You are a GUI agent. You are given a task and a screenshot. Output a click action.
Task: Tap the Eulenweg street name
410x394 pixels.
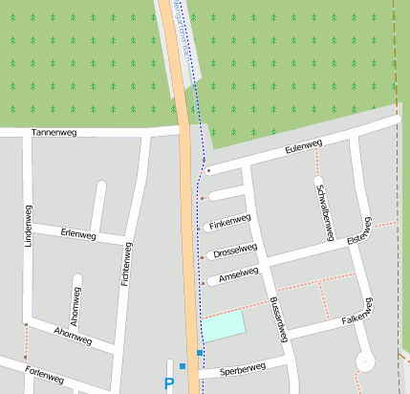tap(304, 147)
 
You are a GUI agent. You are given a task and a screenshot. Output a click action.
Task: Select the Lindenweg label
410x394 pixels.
tap(28, 231)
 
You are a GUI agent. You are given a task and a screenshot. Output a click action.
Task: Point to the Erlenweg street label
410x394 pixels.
tap(77, 233)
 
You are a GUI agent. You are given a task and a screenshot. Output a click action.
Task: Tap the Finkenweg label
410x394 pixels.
tap(228, 223)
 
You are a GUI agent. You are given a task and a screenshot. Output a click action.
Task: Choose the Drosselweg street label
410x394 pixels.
tap(235, 251)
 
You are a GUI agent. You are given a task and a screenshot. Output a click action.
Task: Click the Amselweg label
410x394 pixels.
tap(239, 274)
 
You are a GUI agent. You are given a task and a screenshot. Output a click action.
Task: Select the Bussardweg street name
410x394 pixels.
tap(278, 317)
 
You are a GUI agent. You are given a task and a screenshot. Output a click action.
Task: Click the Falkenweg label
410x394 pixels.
tap(356, 310)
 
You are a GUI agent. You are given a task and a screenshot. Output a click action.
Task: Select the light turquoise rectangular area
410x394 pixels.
tap(224, 325)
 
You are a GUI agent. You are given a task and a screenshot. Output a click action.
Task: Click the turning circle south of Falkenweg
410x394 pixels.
tap(364, 361)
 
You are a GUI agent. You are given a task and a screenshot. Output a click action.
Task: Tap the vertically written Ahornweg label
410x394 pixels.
tap(76, 303)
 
